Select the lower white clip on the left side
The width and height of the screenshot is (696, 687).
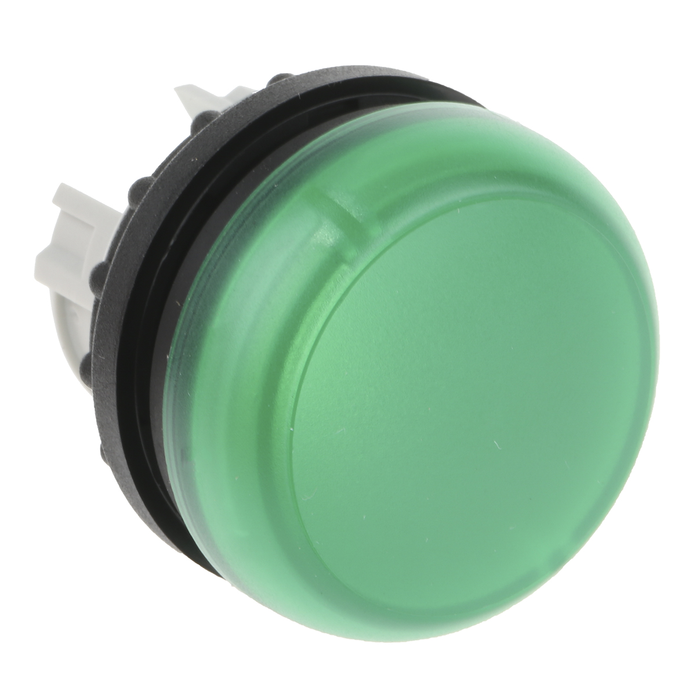[75, 232]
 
